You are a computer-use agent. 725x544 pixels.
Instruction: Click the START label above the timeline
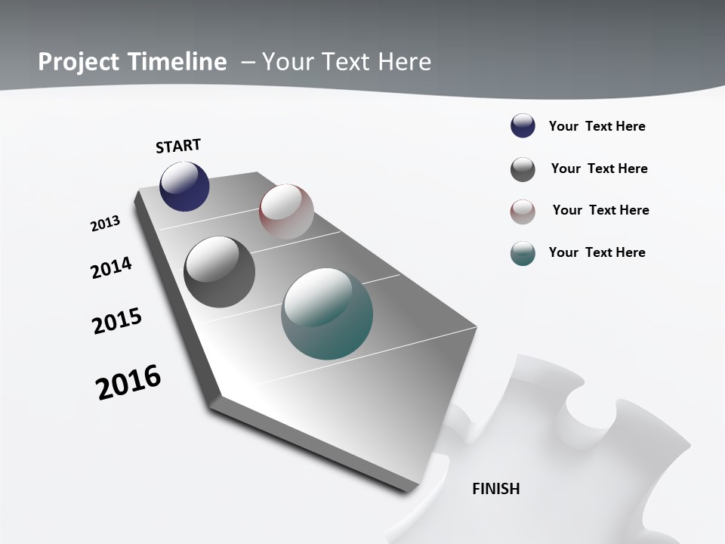(178, 146)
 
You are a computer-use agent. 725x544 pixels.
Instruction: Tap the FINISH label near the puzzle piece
(496, 489)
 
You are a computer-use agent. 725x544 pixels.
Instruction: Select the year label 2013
(105, 224)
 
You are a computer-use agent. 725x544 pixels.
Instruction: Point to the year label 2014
(112, 267)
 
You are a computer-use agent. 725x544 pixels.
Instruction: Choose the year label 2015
(117, 321)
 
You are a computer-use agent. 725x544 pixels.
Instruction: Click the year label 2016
(128, 382)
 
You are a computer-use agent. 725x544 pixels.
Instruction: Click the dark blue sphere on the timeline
(184, 187)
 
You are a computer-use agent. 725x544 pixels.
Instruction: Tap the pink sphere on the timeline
(286, 211)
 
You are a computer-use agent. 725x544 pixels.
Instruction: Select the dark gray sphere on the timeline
(220, 272)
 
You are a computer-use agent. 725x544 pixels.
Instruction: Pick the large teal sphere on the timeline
(327, 314)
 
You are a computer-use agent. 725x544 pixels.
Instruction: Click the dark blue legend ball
(523, 126)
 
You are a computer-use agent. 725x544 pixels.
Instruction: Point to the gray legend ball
(523, 169)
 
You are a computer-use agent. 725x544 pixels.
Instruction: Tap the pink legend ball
(523, 212)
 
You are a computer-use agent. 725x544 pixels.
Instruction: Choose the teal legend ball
(523, 253)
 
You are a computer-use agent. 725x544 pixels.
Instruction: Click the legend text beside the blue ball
(597, 126)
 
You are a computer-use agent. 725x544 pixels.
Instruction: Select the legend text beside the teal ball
(597, 252)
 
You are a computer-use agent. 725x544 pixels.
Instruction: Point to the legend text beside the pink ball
(600, 210)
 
